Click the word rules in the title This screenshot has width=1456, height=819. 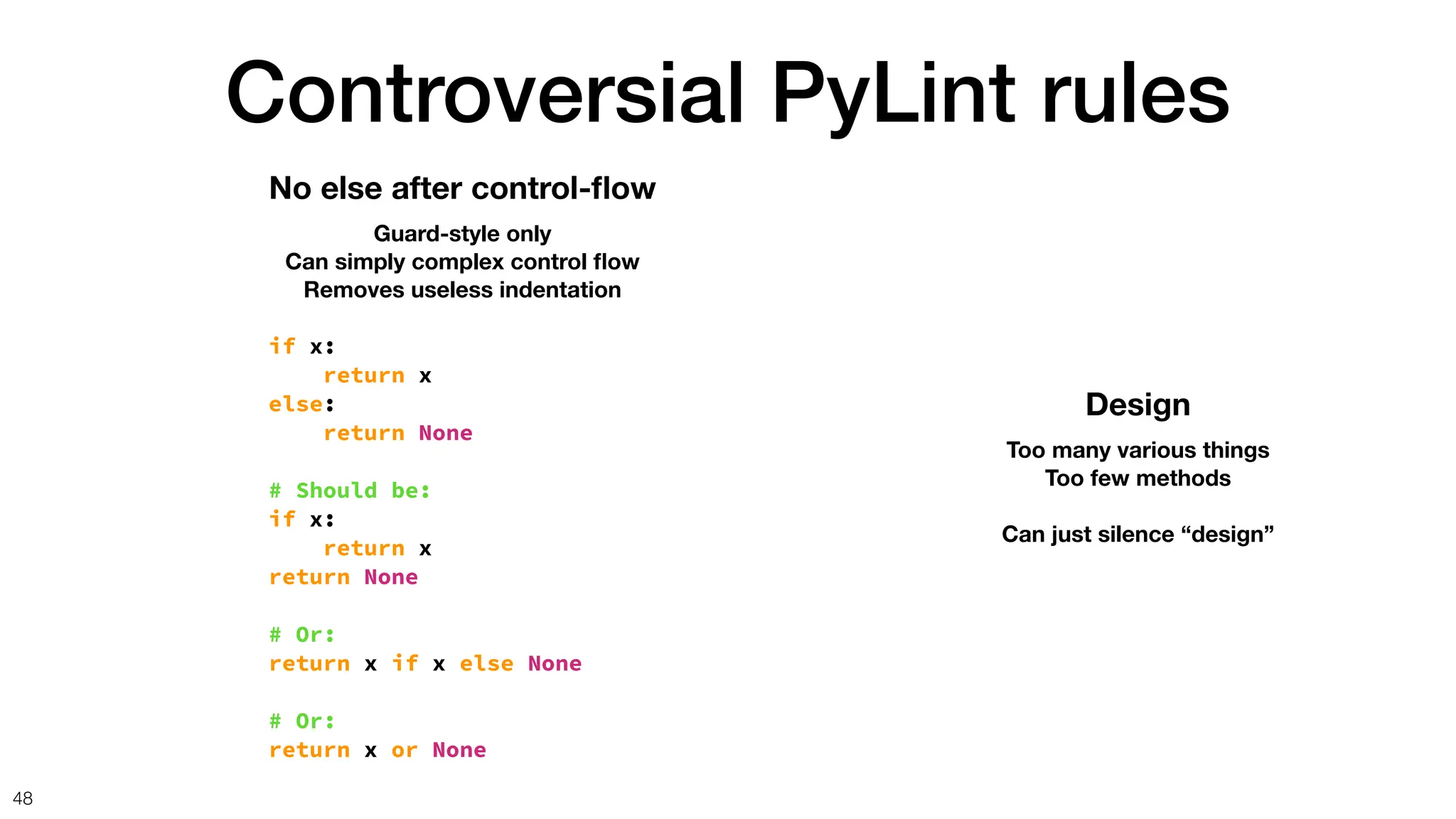(x=1135, y=94)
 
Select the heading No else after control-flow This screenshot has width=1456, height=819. (x=462, y=188)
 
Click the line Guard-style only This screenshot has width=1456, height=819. (x=462, y=233)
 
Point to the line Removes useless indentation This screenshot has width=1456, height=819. (x=462, y=290)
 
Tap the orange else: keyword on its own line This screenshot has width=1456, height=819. (x=296, y=405)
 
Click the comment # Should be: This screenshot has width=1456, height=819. (x=350, y=491)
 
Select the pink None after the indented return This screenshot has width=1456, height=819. (x=445, y=433)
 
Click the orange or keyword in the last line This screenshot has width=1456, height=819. (x=404, y=750)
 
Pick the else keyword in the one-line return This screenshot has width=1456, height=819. (x=486, y=663)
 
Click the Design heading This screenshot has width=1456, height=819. (x=1137, y=405)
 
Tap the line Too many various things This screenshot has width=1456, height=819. (x=1137, y=450)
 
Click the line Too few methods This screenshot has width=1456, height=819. (x=1137, y=478)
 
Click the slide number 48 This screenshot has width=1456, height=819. (x=23, y=798)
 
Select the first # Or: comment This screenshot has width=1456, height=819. (x=302, y=634)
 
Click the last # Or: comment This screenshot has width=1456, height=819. (x=302, y=721)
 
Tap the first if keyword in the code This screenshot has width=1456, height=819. (x=282, y=346)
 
